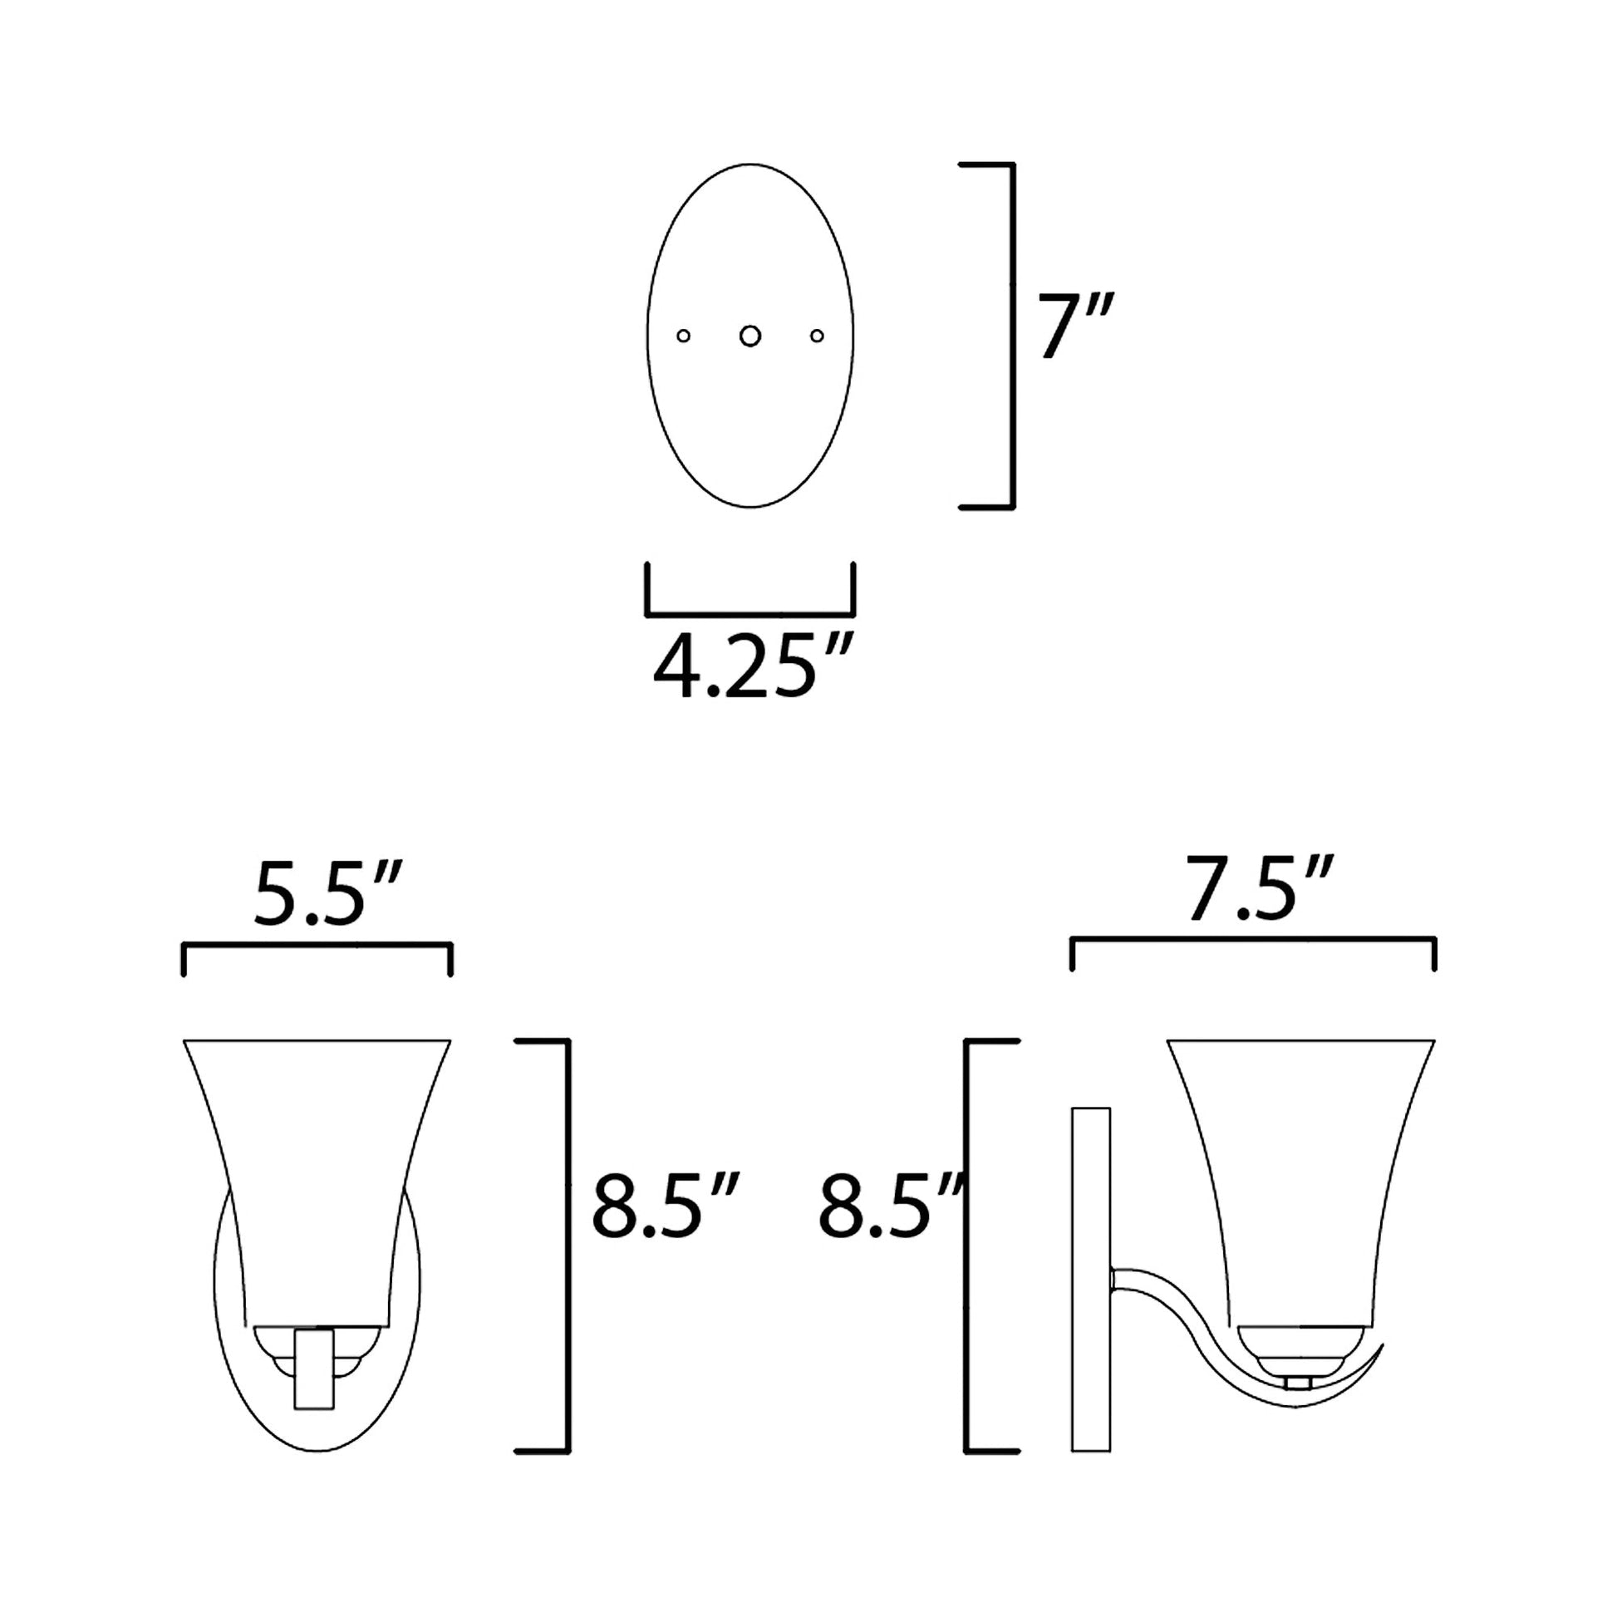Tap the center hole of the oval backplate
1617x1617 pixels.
750,336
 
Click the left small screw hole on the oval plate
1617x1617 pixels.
684,336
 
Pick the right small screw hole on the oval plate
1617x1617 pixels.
817,336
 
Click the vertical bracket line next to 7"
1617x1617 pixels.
1013,335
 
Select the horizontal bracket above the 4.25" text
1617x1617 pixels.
750,614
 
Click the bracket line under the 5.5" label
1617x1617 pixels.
317,945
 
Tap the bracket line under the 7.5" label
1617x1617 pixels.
1253,940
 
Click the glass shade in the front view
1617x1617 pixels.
317,1172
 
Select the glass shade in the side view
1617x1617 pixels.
1300,1172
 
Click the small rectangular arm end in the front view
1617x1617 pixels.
315,1369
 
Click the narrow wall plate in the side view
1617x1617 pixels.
1090,1280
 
